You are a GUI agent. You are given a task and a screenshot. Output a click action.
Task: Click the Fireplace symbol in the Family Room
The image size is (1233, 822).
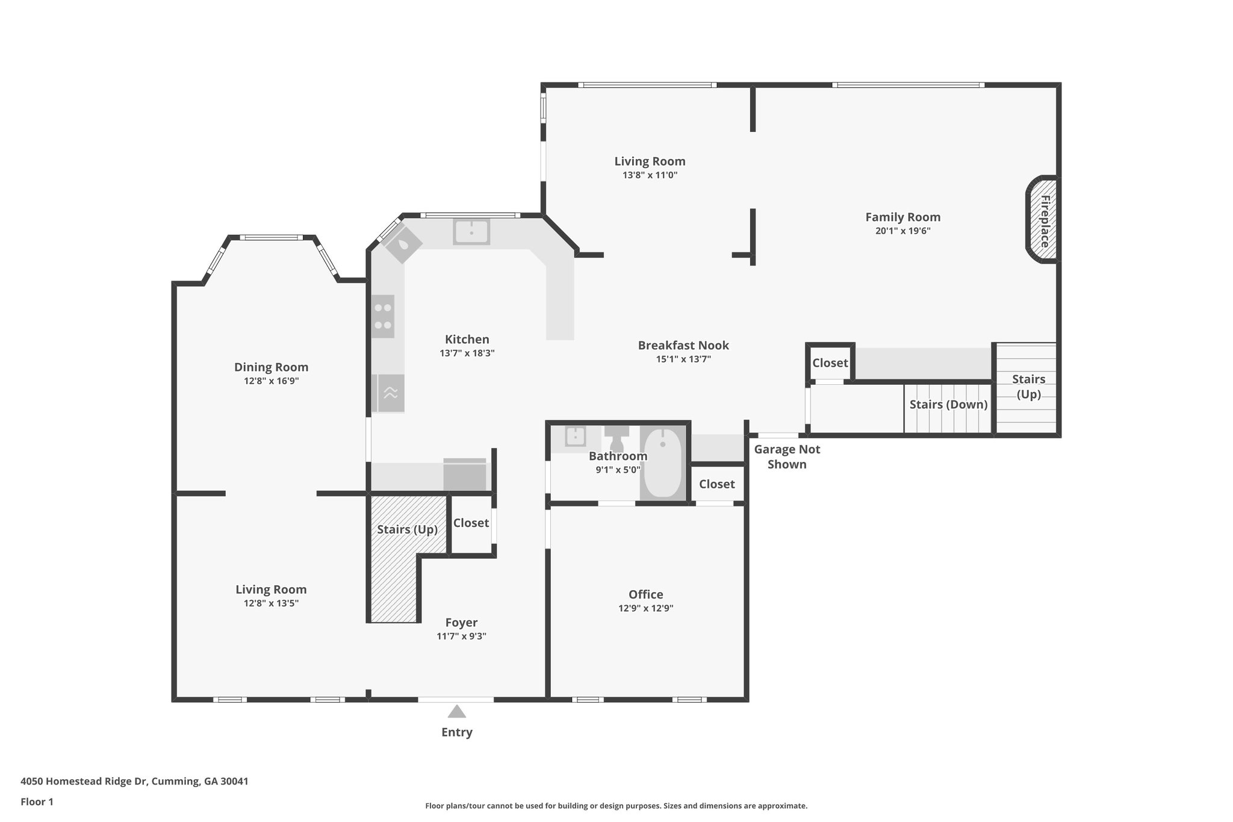pyautogui.click(x=1042, y=220)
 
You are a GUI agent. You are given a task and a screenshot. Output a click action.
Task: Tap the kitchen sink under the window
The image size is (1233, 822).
pyautogui.click(x=471, y=232)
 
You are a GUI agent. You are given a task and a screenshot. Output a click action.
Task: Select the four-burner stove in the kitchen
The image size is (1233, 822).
pyautogui.click(x=383, y=316)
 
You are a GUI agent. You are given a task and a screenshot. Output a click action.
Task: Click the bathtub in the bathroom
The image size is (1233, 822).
pyautogui.click(x=662, y=462)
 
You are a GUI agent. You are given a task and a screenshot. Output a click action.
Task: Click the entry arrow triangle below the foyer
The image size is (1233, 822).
pyautogui.click(x=457, y=711)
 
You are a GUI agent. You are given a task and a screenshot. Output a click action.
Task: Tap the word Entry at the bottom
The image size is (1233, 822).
pyautogui.click(x=457, y=732)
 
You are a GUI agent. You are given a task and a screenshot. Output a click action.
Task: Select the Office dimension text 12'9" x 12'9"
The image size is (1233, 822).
pyautogui.click(x=646, y=608)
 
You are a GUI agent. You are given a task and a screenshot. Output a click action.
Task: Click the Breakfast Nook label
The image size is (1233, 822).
pyautogui.click(x=683, y=345)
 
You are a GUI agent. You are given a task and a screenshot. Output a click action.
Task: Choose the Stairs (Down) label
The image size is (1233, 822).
pyautogui.click(x=948, y=404)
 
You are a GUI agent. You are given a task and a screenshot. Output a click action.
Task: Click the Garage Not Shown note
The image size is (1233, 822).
pyautogui.click(x=787, y=456)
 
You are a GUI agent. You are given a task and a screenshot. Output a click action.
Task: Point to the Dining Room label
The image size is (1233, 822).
pyautogui.click(x=271, y=367)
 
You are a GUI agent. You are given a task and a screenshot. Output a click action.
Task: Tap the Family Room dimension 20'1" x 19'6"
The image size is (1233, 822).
pyautogui.click(x=903, y=231)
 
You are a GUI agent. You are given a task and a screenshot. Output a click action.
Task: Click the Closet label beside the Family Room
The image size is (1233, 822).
pyautogui.click(x=830, y=363)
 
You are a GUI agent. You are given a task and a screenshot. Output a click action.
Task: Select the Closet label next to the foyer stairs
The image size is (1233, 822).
pyautogui.click(x=471, y=523)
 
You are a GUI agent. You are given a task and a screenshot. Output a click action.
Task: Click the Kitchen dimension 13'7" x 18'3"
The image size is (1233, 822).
pyautogui.click(x=467, y=353)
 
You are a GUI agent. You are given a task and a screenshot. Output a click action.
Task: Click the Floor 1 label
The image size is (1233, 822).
pyautogui.click(x=37, y=802)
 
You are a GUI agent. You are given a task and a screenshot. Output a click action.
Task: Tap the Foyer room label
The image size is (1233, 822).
pyautogui.click(x=462, y=623)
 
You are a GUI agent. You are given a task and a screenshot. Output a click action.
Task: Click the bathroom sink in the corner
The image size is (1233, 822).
pyautogui.click(x=576, y=436)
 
